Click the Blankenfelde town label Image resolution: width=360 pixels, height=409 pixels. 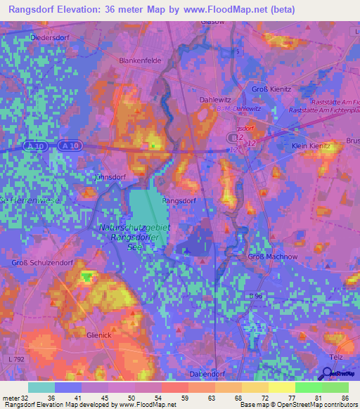[x=141, y=60]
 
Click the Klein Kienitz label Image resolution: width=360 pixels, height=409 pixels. [x=311, y=145]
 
